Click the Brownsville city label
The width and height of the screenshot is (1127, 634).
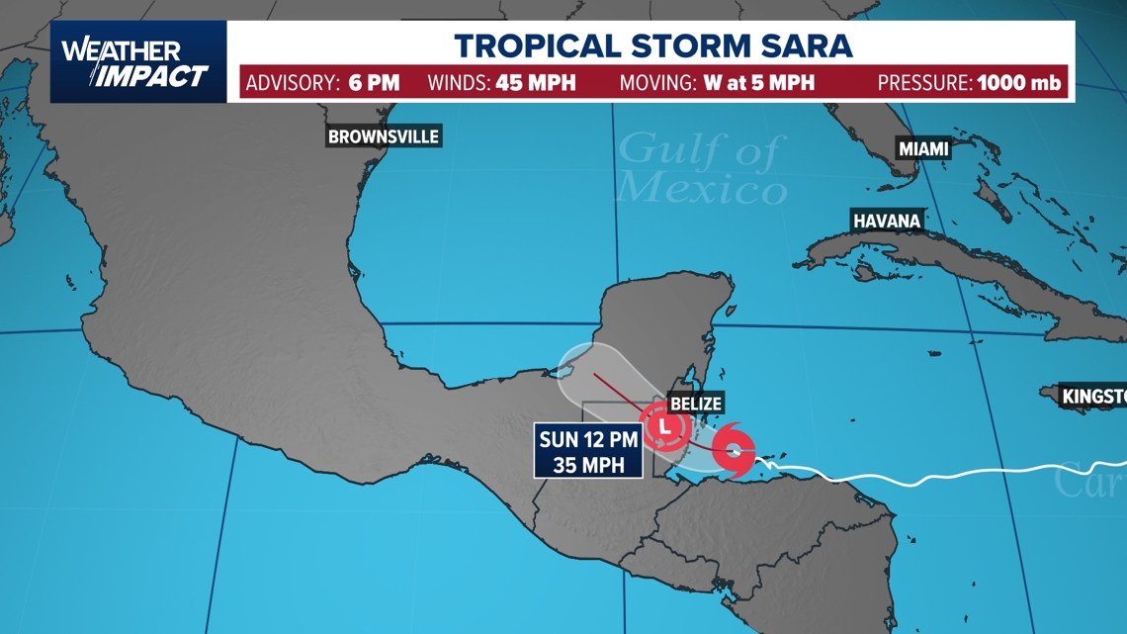coord(384,136)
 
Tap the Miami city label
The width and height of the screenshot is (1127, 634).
coord(923,148)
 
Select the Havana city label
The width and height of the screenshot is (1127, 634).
coord(887,221)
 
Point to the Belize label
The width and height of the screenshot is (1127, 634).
coord(696,404)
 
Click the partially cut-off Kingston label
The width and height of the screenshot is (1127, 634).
coord(1093,397)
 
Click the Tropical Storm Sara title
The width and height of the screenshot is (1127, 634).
coord(652,45)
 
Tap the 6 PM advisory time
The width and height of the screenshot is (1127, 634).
coord(374,82)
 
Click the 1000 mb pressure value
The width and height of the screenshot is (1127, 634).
coord(1019,82)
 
